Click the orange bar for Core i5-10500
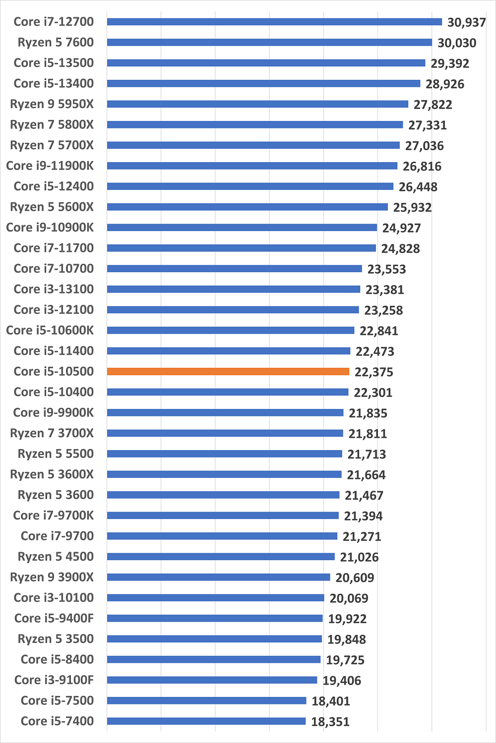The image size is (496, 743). tap(228, 371)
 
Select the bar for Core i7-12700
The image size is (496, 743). tap(274, 22)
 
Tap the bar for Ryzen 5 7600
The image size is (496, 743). tap(269, 43)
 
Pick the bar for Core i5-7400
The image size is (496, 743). tap(206, 721)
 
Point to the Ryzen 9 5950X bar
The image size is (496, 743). tap(257, 104)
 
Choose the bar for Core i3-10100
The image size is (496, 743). tap(216, 598)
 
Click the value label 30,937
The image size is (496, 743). tap(466, 22)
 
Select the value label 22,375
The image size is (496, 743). tap(373, 372)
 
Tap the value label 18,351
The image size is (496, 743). tap(330, 722)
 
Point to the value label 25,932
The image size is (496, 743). tap(412, 207)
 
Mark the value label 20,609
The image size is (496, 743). tap(355, 578)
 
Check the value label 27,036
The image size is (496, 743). tap(424, 146)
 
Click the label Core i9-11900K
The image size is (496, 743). tap(50, 166)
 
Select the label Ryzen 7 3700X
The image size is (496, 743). tap(52, 433)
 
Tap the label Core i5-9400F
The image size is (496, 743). tap(54, 618)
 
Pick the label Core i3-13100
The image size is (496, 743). tap(54, 289)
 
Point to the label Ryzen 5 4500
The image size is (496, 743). tap(56, 557)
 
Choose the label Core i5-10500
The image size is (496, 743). tap(54, 371)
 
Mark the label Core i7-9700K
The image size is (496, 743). tap(53, 515)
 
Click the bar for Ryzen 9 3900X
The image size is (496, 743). tap(219, 577)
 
